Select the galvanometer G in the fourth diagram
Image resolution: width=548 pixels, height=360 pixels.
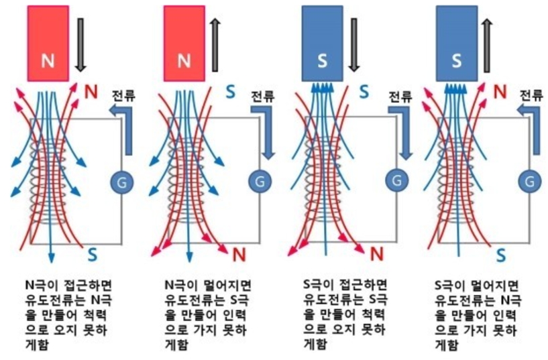point(530,180)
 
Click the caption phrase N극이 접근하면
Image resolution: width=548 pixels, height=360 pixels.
point(54,284)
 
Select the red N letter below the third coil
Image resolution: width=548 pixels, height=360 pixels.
point(376,253)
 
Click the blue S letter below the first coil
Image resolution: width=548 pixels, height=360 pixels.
point(93,253)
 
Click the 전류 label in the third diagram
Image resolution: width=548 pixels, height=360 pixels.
point(400,97)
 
